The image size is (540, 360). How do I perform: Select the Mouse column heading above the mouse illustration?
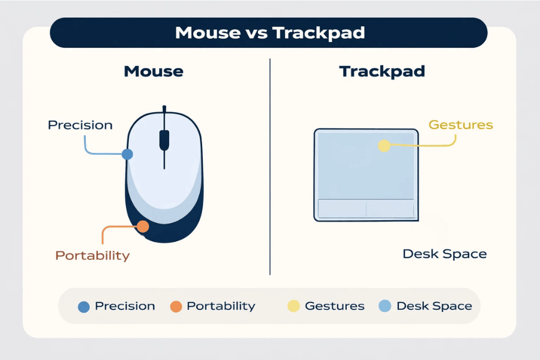[154, 71]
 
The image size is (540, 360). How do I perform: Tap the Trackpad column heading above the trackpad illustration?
[382, 71]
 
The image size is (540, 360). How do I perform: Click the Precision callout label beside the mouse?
[80, 125]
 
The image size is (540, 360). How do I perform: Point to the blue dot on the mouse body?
[127, 154]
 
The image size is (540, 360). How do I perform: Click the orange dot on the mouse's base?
[143, 226]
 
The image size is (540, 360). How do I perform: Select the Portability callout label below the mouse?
[92, 256]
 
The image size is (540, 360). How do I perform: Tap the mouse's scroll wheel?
[164, 140]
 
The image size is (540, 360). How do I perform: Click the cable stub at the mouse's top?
[164, 109]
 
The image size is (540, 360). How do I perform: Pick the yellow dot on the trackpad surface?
[384, 145]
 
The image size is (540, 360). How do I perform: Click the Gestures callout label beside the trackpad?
[460, 125]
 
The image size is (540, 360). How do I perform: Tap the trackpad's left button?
[342, 208]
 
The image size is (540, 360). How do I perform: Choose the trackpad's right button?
[389, 208]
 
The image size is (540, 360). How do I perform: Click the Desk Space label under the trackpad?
[444, 254]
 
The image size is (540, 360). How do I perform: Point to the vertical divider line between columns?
[270, 168]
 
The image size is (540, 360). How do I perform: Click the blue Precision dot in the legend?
[84, 307]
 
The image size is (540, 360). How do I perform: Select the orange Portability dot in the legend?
[176, 307]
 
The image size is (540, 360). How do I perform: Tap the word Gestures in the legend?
[334, 306]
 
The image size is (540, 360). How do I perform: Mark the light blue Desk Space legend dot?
[385, 306]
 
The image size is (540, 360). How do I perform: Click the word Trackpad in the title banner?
[318, 32]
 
